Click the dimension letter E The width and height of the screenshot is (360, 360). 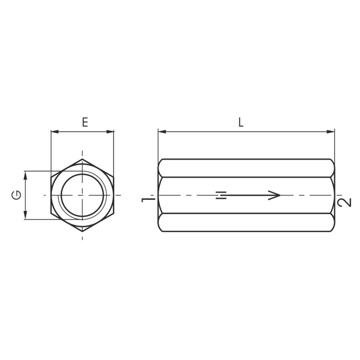pyautogui.click(x=85, y=122)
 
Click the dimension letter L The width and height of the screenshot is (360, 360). pyautogui.click(x=241, y=122)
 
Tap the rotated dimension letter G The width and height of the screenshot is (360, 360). pyautogui.click(x=16, y=195)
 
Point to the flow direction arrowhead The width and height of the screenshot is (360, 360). pyautogui.click(x=274, y=195)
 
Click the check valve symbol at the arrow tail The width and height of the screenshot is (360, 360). pyautogui.click(x=221, y=195)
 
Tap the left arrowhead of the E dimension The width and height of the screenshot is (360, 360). pyautogui.click(x=54, y=132)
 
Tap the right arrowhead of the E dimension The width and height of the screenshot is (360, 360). pyautogui.click(x=110, y=132)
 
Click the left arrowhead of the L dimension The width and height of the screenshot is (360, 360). pyautogui.click(x=162, y=132)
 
